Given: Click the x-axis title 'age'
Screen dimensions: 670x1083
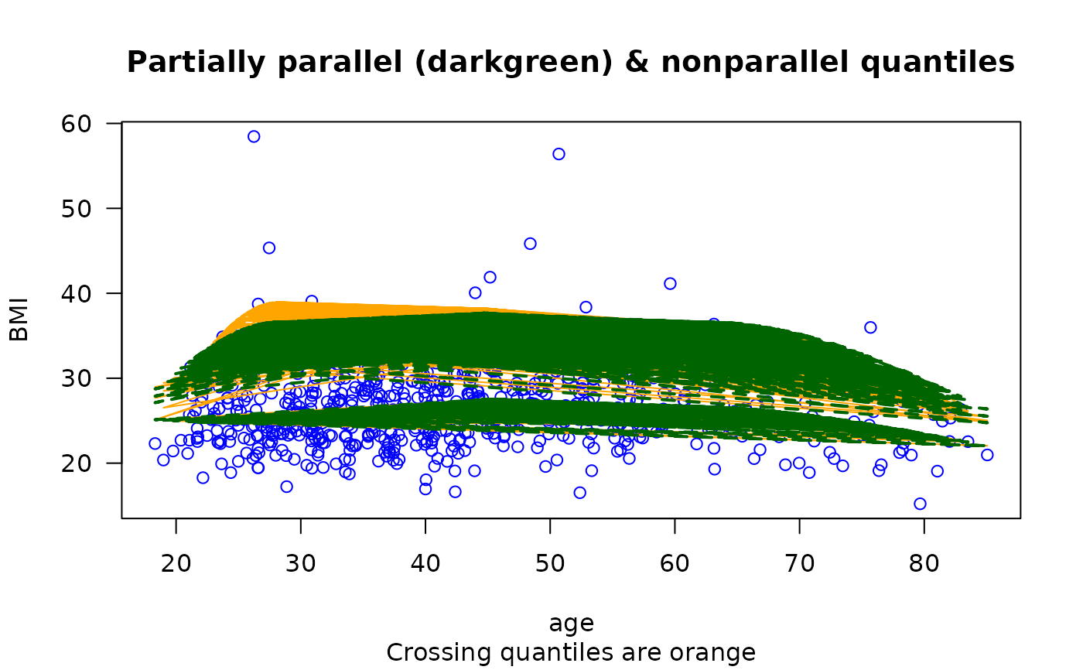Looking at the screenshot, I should click(571, 624).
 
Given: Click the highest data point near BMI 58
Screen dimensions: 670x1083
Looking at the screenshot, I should click(254, 136).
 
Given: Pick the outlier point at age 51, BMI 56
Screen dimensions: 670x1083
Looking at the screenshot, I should click(559, 154).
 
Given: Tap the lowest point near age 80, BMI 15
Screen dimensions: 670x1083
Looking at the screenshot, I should click(920, 504).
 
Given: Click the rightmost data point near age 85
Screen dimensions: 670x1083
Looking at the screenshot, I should click(987, 455).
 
